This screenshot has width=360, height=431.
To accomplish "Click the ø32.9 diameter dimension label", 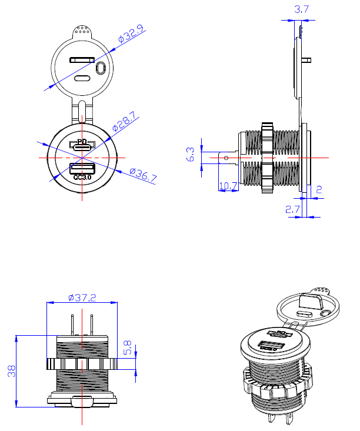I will (x=131, y=34).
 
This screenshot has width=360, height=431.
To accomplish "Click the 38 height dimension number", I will (x=11, y=370).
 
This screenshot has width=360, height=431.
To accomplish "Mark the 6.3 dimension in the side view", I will (x=191, y=154).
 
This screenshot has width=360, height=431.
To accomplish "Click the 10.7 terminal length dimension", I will (x=228, y=186).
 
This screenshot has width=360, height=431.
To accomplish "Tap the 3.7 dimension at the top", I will (x=301, y=9).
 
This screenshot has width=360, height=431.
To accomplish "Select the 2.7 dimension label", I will (x=292, y=209).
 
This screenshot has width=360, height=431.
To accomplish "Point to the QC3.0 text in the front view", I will (x=83, y=178).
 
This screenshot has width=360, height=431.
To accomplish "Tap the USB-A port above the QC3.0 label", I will (x=82, y=169).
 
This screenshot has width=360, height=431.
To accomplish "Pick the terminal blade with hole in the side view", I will (x=226, y=158).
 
